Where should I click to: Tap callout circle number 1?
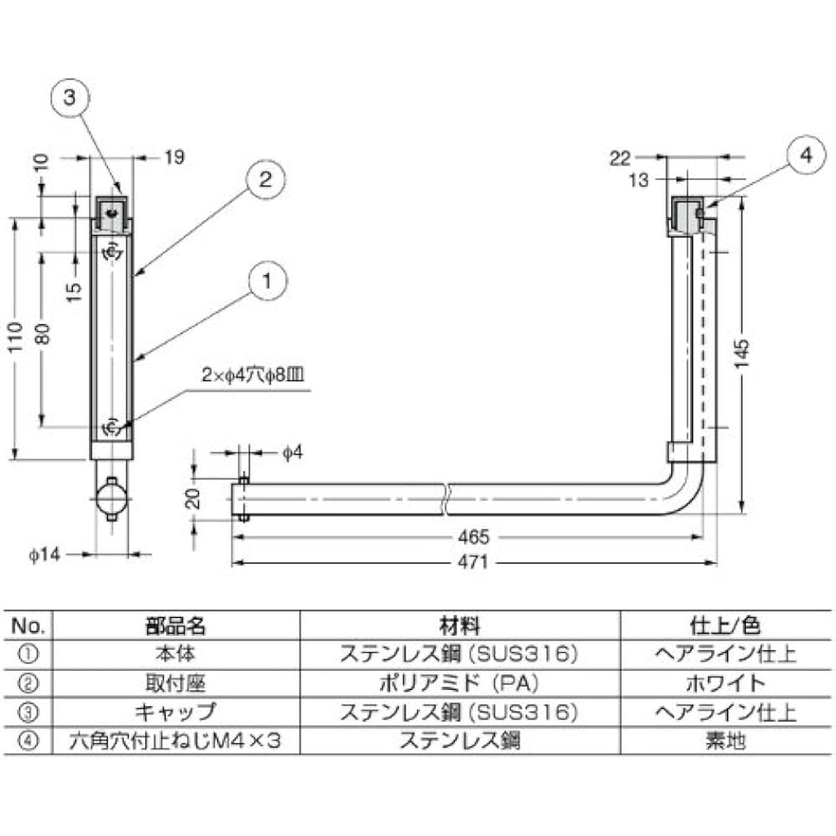tap(266, 283)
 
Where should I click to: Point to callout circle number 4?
tap(805, 155)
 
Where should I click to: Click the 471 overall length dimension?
tap(472, 563)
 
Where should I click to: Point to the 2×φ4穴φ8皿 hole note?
tap(251, 376)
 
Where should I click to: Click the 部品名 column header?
tap(176, 624)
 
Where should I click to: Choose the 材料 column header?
tap(459, 624)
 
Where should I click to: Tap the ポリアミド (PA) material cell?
tap(459, 683)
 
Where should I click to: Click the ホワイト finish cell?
tap(723, 683)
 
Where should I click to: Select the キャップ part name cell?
tap(176, 712)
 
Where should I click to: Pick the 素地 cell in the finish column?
tap(723, 741)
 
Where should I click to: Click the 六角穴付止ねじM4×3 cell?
tap(176, 741)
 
